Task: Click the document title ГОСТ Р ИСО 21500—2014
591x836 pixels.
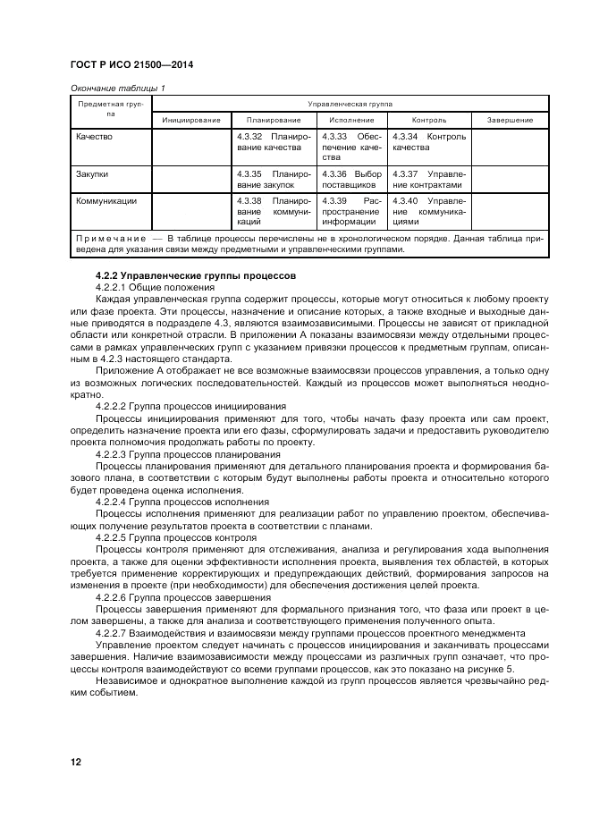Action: coord(131,65)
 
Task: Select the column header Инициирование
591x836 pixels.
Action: coord(191,120)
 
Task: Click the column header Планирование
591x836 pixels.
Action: coord(273,120)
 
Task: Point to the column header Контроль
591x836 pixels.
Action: coord(429,120)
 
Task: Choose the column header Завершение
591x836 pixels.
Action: coord(510,120)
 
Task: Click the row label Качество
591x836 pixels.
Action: coord(96,137)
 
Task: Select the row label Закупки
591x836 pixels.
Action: coord(93,173)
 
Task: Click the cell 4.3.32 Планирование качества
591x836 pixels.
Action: coord(273,142)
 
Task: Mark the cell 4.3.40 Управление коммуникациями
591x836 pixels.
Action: coord(429,211)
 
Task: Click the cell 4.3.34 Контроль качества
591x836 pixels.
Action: coord(429,142)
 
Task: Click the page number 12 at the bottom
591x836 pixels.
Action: coord(75,762)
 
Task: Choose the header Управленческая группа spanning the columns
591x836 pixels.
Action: coord(350,104)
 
